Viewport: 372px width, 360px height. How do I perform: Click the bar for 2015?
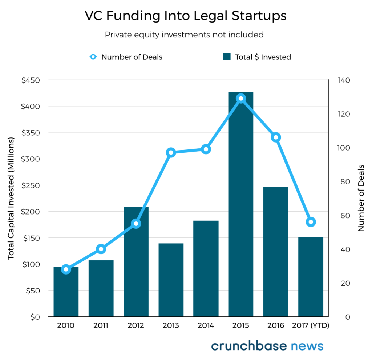click(x=241, y=204)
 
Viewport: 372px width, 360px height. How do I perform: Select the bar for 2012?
click(x=136, y=262)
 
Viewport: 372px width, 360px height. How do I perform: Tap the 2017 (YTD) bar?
click(x=311, y=277)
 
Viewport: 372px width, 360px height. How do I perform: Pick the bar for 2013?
click(x=171, y=280)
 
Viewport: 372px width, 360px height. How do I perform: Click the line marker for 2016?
click(x=276, y=137)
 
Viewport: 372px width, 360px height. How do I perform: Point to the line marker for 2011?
click(x=101, y=249)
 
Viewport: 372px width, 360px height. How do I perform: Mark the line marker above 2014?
click(x=206, y=149)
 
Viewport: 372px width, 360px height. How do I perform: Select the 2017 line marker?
click(x=311, y=222)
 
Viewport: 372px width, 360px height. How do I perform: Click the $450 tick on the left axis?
click(x=31, y=80)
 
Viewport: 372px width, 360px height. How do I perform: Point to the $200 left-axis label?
click(x=31, y=212)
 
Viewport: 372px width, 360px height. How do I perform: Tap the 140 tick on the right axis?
click(x=344, y=80)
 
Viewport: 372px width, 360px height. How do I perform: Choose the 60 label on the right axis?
click(x=345, y=216)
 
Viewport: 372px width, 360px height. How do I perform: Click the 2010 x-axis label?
click(x=66, y=325)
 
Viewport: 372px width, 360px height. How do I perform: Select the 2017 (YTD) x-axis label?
click(x=311, y=325)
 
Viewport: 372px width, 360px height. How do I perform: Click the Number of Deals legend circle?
click(x=93, y=57)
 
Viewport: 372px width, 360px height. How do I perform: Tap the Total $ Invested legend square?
click(x=227, y=57)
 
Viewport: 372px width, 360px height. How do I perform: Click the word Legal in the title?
click(x=211, y=16)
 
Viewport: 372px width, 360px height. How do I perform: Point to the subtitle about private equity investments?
click(x=184, y=35)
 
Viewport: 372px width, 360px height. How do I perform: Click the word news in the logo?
click(x=307, y=346)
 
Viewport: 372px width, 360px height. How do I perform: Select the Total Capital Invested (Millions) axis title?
click(x=11, y=198)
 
